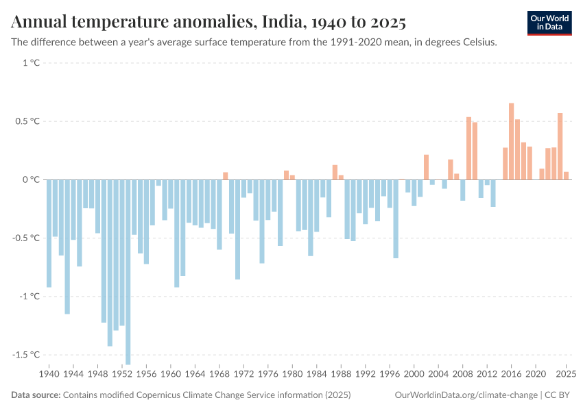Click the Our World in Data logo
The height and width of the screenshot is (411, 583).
pos(549,23)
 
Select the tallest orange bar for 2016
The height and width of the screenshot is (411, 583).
pos(511,141)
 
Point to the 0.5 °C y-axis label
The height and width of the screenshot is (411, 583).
pos(27,121)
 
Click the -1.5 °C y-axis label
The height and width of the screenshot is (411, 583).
pos(25,355)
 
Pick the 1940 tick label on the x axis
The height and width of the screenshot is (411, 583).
pos(49,375)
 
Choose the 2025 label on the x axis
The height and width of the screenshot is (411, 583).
pos(566,375)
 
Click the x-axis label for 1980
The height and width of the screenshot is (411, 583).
pos(292,375)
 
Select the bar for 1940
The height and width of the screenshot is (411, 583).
pos(49,233)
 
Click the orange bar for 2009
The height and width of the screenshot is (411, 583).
pos(468,148)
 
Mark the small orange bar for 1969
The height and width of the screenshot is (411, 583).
pos(225,176)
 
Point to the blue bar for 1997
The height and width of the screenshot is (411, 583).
pos(396,219)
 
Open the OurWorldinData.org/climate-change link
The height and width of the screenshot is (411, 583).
pos(466,395)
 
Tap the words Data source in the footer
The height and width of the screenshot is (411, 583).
pos(36,395)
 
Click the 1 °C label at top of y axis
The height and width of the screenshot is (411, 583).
pos(31,63)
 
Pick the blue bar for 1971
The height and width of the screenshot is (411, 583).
pos(237,229)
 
